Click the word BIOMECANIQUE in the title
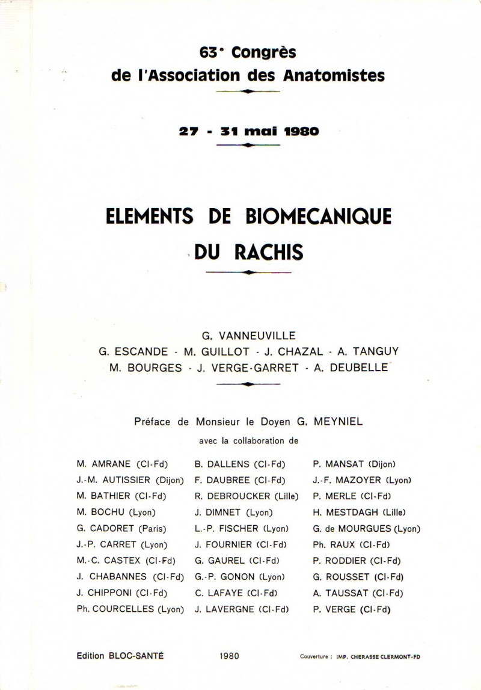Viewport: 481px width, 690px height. tap(317, 217)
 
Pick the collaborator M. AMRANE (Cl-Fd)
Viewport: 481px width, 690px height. tap(122, 464)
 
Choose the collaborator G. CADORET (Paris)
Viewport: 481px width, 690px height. tap(121, 529)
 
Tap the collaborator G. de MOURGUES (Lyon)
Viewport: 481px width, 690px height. tap(366, 529)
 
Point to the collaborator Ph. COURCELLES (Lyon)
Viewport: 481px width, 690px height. tap(130, 609)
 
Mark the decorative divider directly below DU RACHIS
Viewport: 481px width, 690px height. tap(248, 273)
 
